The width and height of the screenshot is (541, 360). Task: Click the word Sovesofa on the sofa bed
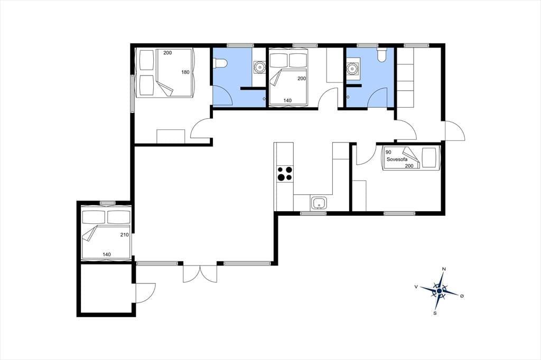(x=397, y=159)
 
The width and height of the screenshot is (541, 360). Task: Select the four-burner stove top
(x=285, y=174)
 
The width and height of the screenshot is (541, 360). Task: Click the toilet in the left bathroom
(x=220, y=64)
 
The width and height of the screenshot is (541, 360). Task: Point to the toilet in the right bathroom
(x=381, y=55)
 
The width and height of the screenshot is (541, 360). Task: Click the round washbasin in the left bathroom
(x=259, y=67)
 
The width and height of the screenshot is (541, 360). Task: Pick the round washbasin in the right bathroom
(x=352, y=68)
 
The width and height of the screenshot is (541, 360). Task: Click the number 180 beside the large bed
(x=185, y=72)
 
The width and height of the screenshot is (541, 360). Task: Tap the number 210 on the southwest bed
(x=124, y=235)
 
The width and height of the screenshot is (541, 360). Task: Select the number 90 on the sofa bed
(x=388, y=152)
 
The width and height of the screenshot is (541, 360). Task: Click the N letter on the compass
(x=444, y=269)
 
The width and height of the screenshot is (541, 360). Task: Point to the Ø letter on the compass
(x=462, y=296)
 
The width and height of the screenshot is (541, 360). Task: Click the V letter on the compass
(x=416, y=287)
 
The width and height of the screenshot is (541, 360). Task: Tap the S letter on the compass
(x=435, y=313)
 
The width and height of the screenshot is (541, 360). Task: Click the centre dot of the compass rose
(x=439, y=291)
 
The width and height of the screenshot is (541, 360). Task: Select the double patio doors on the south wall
(x=200, y=274)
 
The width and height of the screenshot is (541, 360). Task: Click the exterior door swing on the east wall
(x=455, y=131)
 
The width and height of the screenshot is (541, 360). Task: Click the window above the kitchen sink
(x=313, y=213)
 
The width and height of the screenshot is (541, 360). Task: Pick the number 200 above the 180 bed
(x=167, y=53)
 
